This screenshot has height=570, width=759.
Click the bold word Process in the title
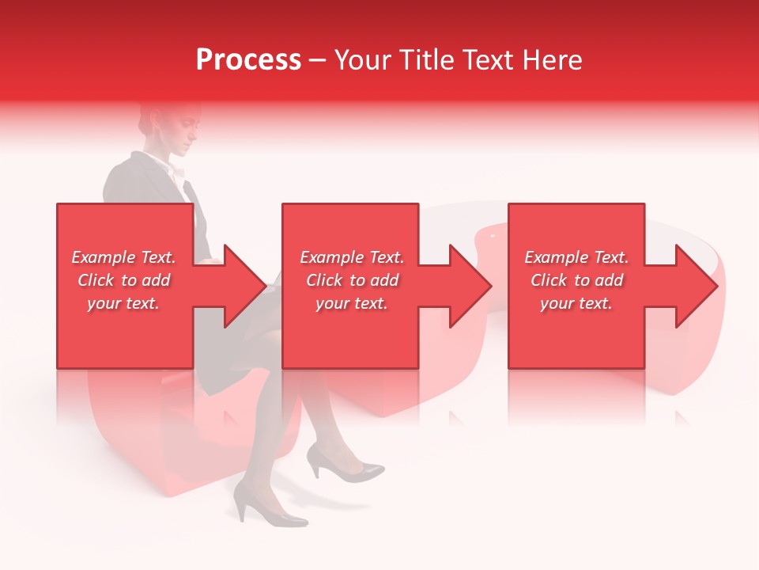[248, 60]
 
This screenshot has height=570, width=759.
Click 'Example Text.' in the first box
[123, 257]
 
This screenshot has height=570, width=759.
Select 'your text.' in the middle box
[351, 303]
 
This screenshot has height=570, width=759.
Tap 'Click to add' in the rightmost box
[576, 280]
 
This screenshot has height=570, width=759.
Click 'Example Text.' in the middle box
[351, 257]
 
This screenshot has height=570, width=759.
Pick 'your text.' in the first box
[123, 303]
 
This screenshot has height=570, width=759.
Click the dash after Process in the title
[317, 60]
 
